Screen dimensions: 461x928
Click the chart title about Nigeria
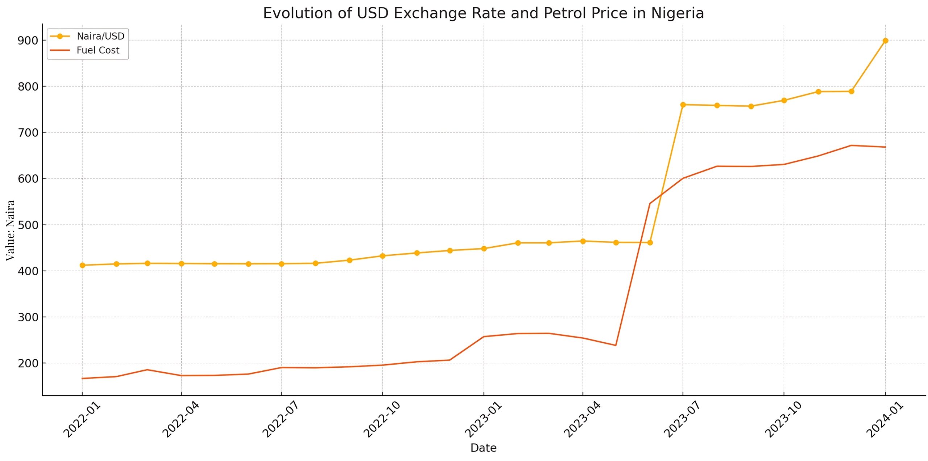coord(483,13)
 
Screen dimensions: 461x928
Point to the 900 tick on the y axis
coord(28,41)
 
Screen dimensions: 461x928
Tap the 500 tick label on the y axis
coord(28,225)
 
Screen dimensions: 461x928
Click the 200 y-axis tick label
coord(28,363)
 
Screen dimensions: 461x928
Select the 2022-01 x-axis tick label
coord(82,419)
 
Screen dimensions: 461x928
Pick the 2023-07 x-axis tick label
coord(682,419)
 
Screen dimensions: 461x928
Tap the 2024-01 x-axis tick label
coord(884,419)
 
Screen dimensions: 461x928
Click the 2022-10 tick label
coord(381,419)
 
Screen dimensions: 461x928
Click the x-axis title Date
coord(483,448)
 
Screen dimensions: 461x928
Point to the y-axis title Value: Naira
coord(10,230)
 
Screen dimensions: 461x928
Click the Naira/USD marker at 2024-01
coord(885,41)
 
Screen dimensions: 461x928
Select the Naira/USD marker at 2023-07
coord(683,105)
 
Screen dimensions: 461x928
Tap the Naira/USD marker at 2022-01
coord(82,265)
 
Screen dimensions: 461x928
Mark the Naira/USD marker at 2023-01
coord(484,249)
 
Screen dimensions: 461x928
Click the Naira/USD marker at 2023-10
coord(784,100)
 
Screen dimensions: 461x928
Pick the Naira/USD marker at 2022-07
coord(281,264)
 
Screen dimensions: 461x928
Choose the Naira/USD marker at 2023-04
coord(583,241)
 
